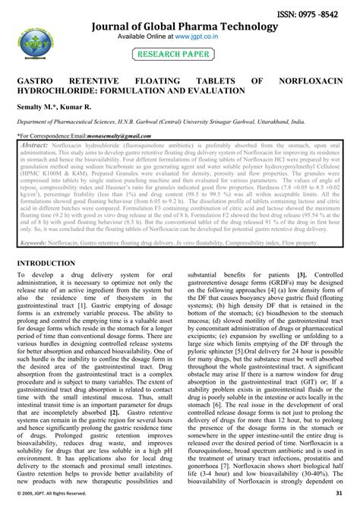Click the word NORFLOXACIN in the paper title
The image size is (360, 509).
[314, 79]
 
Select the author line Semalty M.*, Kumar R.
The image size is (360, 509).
[46, 106]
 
